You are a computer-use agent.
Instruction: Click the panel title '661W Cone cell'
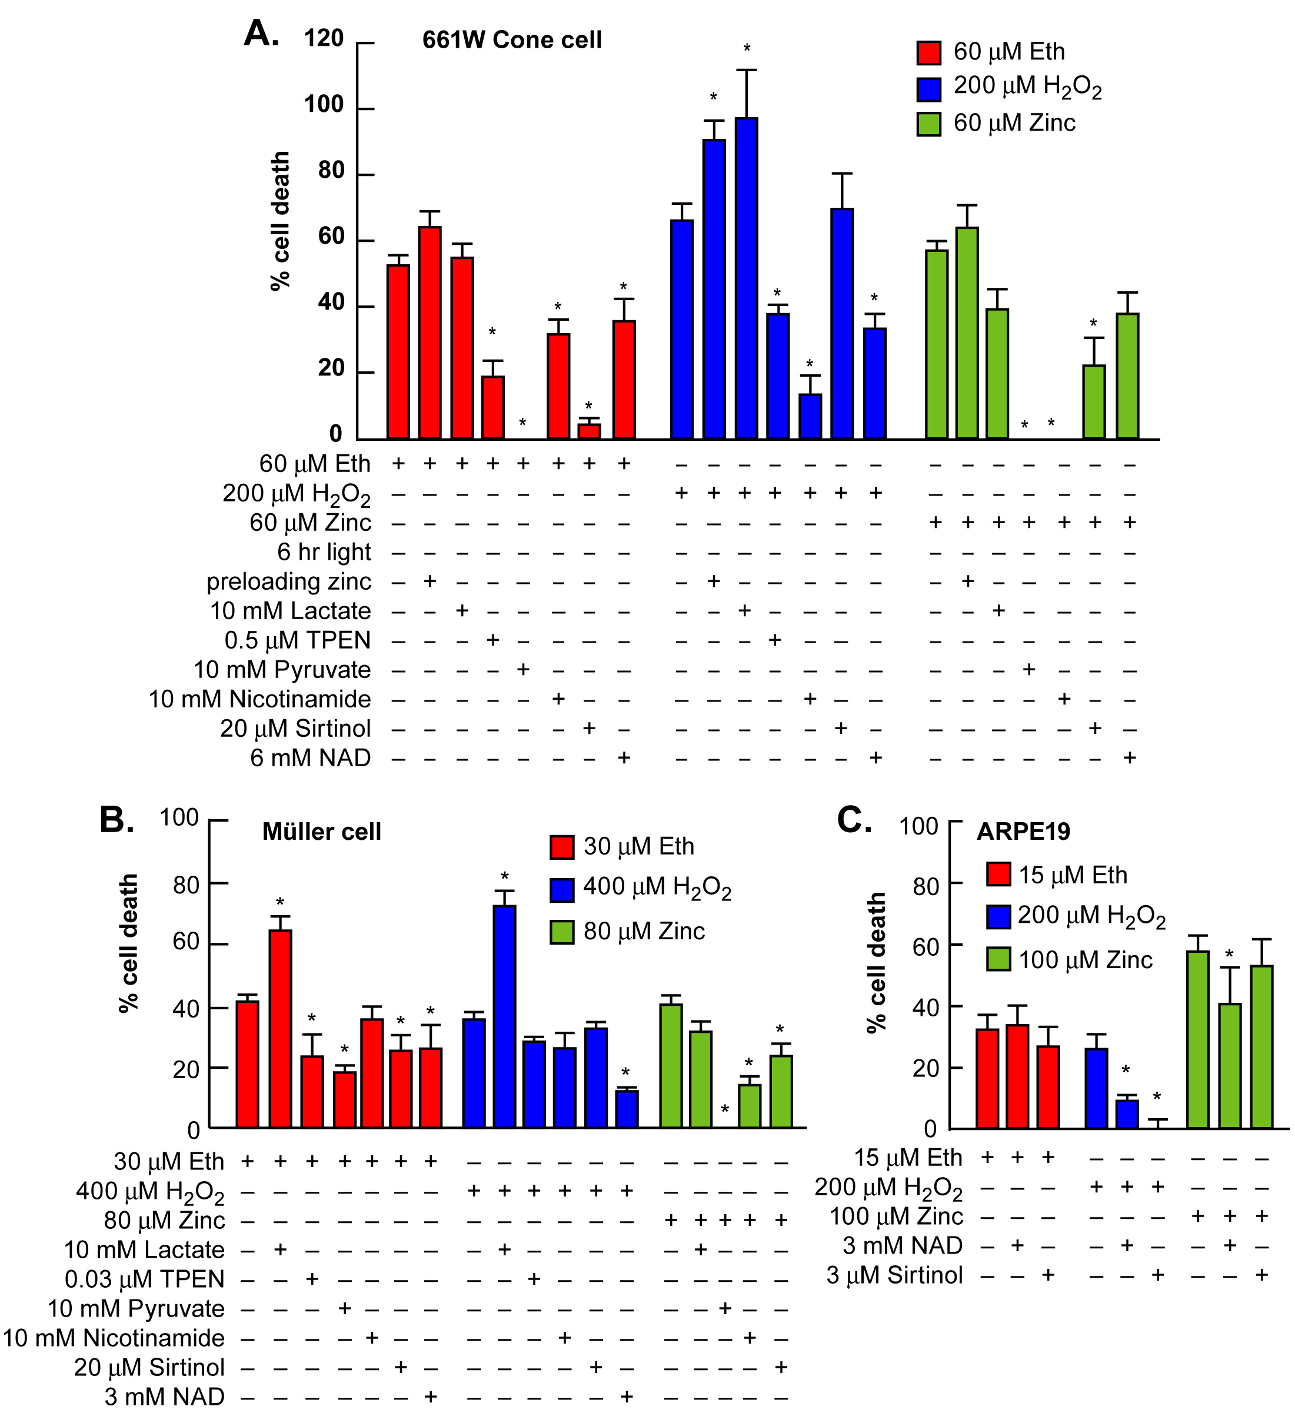pos(512,40)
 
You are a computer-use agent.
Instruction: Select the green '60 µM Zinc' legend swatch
pos(929,124)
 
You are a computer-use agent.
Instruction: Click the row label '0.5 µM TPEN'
pos(297,640)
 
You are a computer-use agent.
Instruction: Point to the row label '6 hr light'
pos(324,552)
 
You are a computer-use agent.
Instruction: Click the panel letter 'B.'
pos(116,820)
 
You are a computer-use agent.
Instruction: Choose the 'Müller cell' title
pos(322,832)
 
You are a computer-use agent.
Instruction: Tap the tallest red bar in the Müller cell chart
pos(280,1028)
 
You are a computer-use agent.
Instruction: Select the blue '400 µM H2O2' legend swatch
pos(562,889)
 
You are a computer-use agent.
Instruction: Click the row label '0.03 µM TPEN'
pos(145,1279)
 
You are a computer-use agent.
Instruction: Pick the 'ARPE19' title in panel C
pos(1023,832)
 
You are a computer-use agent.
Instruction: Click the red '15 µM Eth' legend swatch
pos(998,875)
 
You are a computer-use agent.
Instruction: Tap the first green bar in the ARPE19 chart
pos(1198,1039)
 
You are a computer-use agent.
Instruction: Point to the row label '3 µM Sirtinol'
pos(894,1275)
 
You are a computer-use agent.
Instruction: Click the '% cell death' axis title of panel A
pos(279,221)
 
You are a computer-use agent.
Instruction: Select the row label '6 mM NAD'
pos(311,759)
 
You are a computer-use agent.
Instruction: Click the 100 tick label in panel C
pos(918,826)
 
